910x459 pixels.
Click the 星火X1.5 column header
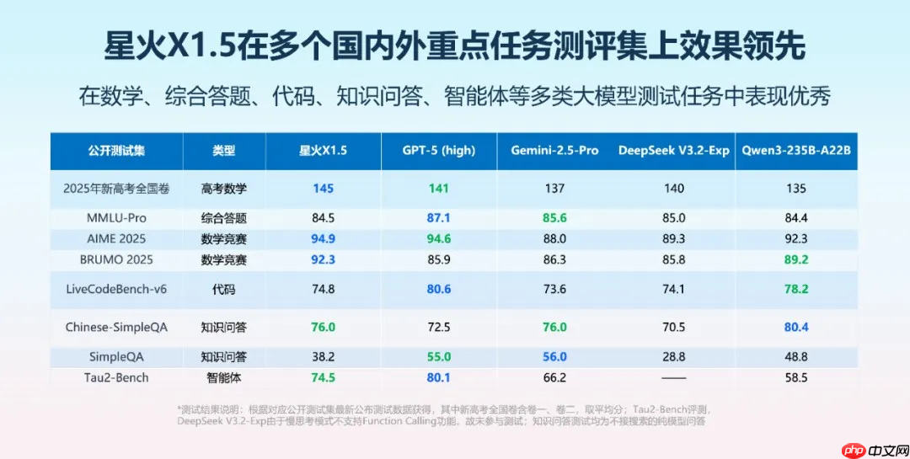tap(323, 151)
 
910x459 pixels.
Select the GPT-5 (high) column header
tap(439, 151)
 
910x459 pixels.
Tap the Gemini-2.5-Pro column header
tap(554, 151)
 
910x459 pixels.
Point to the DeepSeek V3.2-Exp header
tap(673, 151)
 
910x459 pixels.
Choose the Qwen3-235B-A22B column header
tap(796, 151)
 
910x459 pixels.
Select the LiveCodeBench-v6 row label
tap(116, 289)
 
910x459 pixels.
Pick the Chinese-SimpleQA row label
tap(116, 327)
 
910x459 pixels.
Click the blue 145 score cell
tap(323, 189)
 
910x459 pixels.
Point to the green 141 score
tap(439, 189)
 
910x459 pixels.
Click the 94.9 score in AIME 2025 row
tap(323, 239)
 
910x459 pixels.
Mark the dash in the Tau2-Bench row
tap(673, 378)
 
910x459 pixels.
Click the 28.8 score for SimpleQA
tap(673, 357)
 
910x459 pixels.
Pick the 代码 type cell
tap(224, 289)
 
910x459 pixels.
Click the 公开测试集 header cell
tap(116, 151)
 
